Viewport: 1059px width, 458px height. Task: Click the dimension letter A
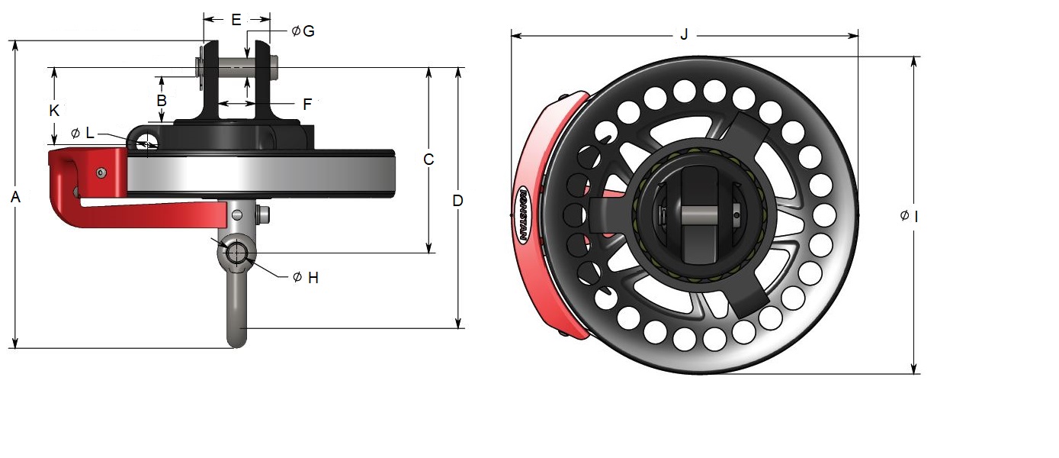15,198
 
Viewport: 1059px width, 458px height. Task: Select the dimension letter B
162,100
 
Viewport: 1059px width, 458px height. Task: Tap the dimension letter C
428,160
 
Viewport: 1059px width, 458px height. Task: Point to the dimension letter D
457,201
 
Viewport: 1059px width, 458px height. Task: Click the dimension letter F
307,105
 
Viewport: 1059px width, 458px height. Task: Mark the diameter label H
306,278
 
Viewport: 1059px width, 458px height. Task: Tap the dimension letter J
683,34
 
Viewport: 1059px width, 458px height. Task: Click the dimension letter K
54,111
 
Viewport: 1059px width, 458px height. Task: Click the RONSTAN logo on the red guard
523,214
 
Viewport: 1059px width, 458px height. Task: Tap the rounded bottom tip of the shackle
237,339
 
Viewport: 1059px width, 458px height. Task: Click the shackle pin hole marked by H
236,253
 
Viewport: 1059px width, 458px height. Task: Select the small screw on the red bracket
101,173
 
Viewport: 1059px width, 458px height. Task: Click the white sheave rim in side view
259,174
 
